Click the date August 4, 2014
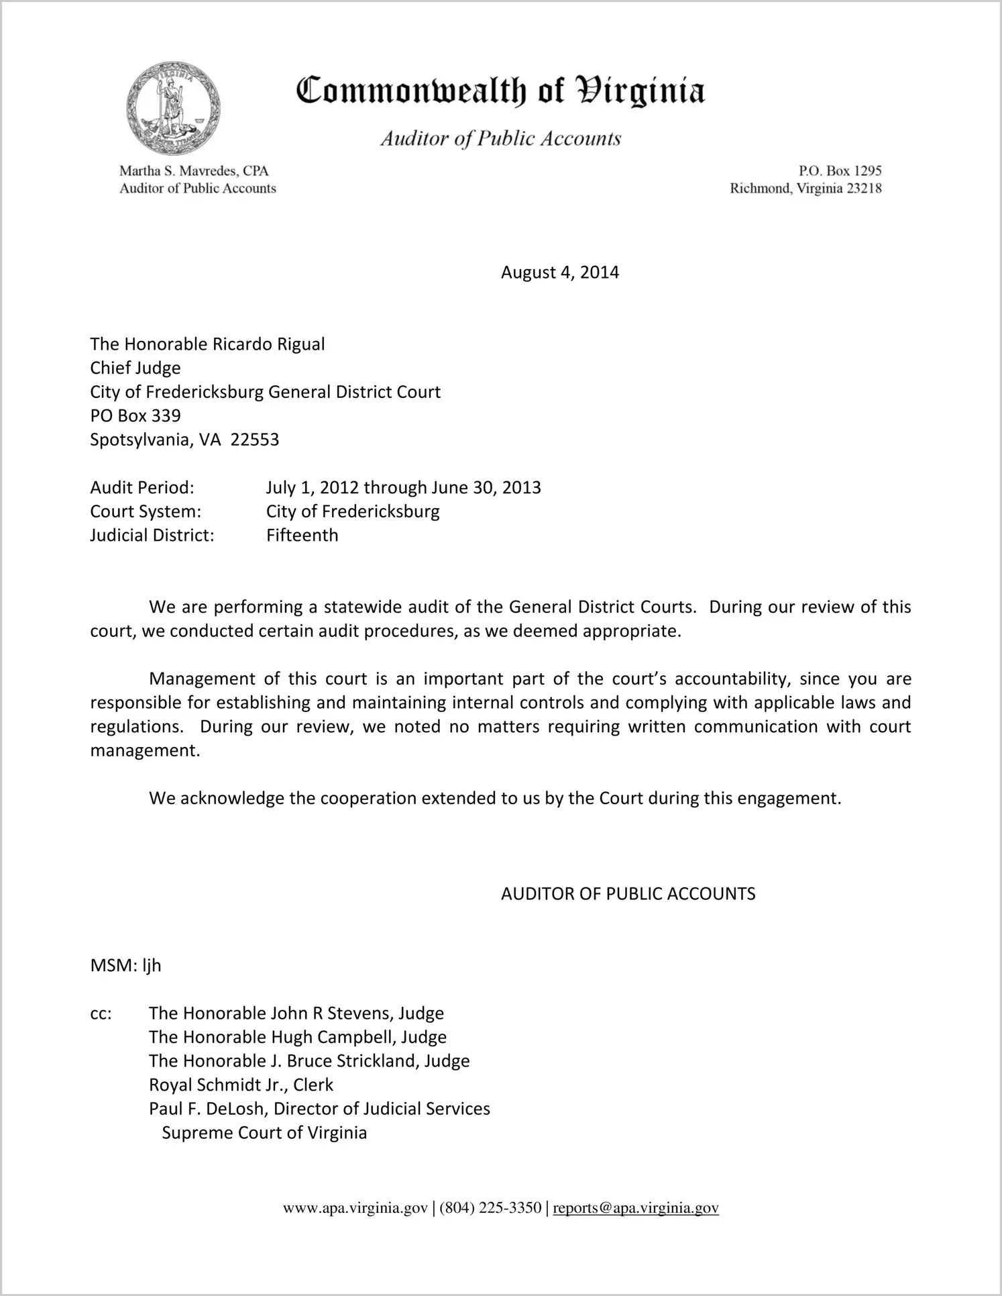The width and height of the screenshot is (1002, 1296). pos(559,272)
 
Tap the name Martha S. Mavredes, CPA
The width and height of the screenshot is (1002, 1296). pos(194,171)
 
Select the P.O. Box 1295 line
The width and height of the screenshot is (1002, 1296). pos(840,171)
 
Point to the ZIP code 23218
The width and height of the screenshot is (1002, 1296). pos(864,189)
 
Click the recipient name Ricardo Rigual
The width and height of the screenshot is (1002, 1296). pos(268,344)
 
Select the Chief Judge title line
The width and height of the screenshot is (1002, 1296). pos(135,368)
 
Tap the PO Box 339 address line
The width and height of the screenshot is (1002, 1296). pos(135,416)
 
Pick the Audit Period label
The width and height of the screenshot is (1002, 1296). pos(142,488)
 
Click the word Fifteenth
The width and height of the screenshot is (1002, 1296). pos(302,536)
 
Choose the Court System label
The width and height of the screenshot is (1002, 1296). pos(146,511)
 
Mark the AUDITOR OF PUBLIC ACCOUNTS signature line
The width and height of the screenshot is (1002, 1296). pos(628,894)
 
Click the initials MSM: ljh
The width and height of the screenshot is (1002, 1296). pos(126,966)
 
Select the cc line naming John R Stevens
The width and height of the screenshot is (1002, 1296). pos(296,1013)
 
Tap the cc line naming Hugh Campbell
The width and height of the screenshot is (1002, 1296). pos(297,1038)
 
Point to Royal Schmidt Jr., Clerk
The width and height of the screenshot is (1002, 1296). pos(241,1085)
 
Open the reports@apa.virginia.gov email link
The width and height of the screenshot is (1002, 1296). pos(635,1209)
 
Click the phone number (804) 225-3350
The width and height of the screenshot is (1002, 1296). pos(490,1209)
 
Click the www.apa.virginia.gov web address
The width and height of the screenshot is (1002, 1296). pos(355,1209)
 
